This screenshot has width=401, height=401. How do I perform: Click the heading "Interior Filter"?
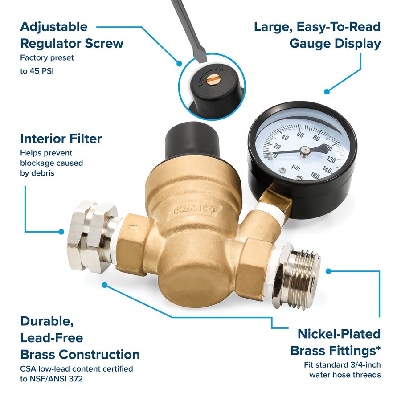(61, 139)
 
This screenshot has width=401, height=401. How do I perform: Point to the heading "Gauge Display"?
(335, 44)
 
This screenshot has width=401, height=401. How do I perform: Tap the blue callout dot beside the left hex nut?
(61, 232)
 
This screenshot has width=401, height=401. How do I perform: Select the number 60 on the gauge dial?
(300, 135)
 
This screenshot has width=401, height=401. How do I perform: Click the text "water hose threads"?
(345, 375)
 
